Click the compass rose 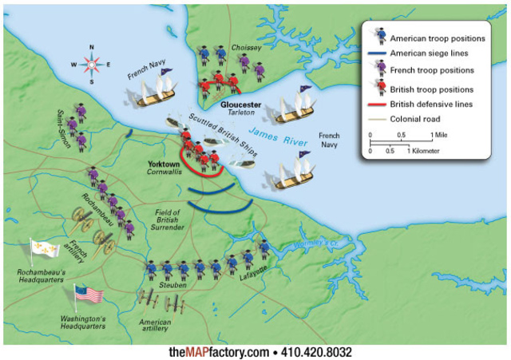(91, 63)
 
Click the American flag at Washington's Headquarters (89, 295)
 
